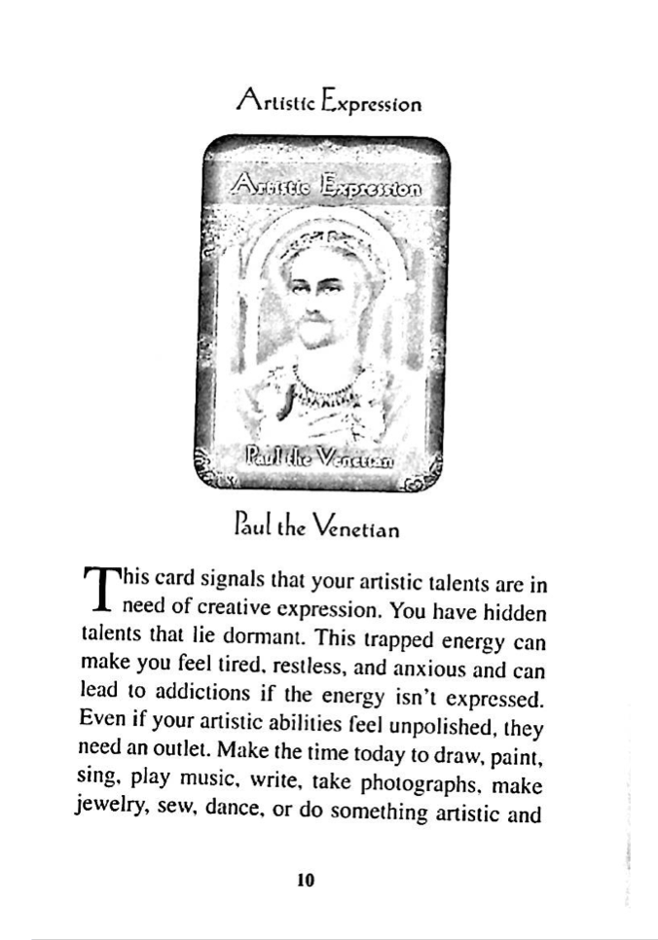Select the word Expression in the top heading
373,101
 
